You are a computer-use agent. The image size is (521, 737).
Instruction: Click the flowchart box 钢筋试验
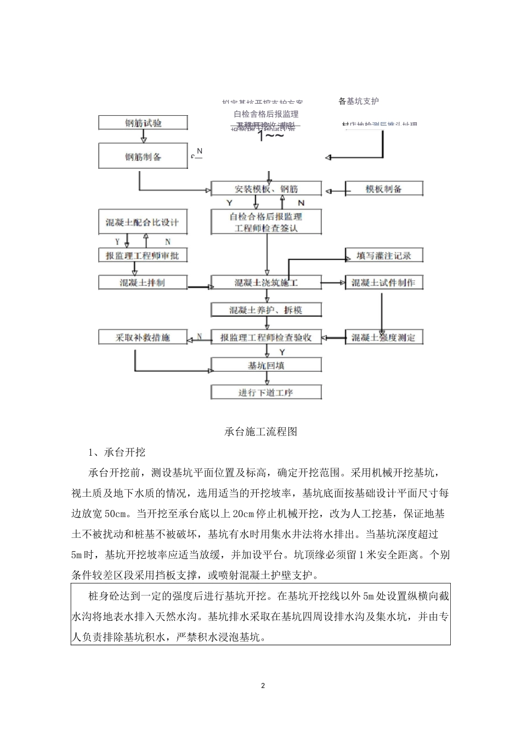tap(143, 123)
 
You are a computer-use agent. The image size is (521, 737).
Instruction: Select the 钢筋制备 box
tap(143, 156)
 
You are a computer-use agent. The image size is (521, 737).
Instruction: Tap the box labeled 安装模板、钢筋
tap(266, 189)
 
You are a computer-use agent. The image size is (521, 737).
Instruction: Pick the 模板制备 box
tap(383, 189)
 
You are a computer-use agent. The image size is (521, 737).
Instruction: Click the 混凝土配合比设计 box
tap(142, 223)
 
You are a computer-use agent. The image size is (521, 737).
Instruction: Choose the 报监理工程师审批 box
tap(142, 255)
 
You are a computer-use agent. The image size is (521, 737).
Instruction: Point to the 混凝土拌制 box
tap(142, 283)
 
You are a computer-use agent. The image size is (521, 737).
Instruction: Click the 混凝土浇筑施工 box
tap(266, 283)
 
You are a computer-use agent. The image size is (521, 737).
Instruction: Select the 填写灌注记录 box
tap(383, 255)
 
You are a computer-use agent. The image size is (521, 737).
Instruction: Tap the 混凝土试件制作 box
tap(383, 283)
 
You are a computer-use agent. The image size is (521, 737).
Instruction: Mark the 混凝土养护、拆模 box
tap(266, 310)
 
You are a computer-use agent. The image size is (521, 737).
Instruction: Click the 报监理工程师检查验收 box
tap(266, 338)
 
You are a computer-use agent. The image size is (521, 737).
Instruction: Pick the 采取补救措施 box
tap(142, 338)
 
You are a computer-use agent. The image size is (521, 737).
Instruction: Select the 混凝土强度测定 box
tap(383, 338)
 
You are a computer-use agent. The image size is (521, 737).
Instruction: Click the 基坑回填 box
tap(266, 365)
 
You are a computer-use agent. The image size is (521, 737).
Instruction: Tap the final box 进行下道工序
tap(266, 393)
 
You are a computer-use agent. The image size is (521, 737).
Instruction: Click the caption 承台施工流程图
tap(261, 432)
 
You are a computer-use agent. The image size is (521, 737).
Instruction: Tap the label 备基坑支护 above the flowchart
tap(358, 101)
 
